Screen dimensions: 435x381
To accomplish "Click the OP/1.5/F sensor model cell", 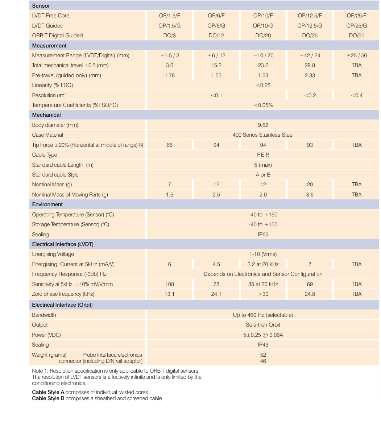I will [x=169, y=16].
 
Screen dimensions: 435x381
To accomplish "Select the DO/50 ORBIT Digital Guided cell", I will [x=357, y=36].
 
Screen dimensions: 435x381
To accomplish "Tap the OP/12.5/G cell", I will [x=310, y=26].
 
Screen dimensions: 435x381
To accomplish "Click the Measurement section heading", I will [x=49, y=46].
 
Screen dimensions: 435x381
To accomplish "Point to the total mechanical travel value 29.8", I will [x=310, y=65].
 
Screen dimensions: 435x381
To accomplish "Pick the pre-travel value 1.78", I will [x=169, y=75].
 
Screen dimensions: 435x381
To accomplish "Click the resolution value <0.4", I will [x=357, y=95].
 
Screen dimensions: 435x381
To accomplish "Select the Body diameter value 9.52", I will [x=263, y=125].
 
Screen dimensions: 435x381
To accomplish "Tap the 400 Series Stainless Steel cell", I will [x=263, y=135].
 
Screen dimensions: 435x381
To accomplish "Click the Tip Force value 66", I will [x=169, y=145].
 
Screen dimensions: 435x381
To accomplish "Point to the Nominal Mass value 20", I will [x=310, y=185].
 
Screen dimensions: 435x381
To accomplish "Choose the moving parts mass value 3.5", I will [x=310, y=195].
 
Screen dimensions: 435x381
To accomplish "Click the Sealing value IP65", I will [x=263, y=235].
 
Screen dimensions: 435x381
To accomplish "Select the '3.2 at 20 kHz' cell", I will [x=263, y=264].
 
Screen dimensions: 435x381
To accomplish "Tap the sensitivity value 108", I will [x=169, y=284].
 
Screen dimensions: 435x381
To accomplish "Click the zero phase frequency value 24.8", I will [x=310, y=294].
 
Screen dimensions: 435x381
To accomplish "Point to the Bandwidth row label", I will [x=44, y=315].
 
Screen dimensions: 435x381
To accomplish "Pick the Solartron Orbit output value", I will [x=263, y=325].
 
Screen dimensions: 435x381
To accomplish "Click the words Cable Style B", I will [x=48, y=398].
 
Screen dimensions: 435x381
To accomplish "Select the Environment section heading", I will [x=47, y=204].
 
